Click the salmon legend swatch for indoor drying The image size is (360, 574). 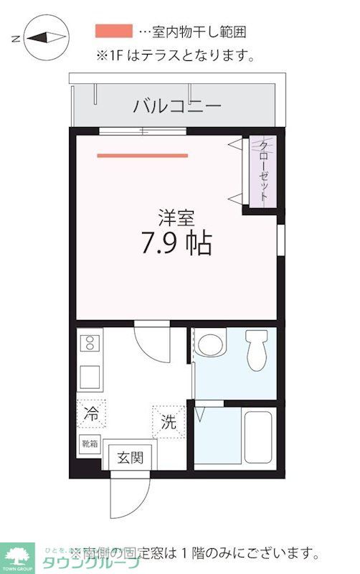point(113,31)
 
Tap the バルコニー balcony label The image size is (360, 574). point(176,107)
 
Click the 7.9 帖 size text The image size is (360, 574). point(176,245)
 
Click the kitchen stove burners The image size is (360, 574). point(90,344)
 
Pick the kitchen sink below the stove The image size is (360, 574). point(90,377)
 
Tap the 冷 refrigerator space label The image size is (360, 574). point(91,414)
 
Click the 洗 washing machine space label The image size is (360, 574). point(167,422)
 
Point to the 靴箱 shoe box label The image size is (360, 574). point(90,443)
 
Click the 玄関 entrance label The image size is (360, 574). point(131,457)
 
